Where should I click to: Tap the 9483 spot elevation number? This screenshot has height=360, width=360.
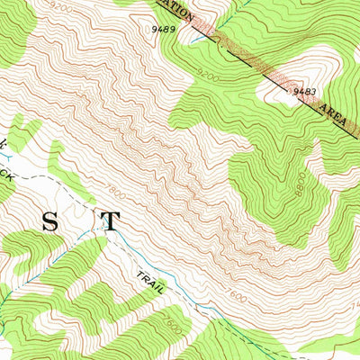pyautogui.click(x=302, y=91)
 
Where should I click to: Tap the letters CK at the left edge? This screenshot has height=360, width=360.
pyautogui.click(x=6, y=176)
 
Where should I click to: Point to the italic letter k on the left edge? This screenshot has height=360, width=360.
pyautogui.click(x=4, y=144)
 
